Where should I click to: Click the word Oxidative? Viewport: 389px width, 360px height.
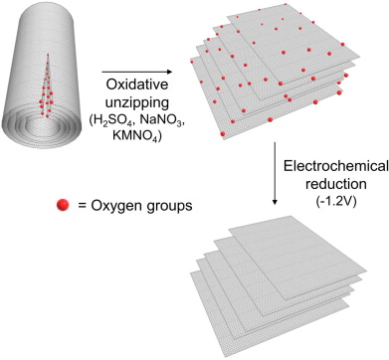click(137, 85)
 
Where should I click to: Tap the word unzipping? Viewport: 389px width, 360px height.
click(137, 103)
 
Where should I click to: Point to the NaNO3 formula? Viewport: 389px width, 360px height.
click(161, 121)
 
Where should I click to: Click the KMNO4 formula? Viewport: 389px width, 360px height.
click(137, 136)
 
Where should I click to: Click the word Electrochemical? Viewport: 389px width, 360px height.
click(335, 166)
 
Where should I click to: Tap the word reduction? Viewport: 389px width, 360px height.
click(335, 184)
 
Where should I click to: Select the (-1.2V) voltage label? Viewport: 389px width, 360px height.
click(335, 201)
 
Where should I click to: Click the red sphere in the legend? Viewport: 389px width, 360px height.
click(63, 205)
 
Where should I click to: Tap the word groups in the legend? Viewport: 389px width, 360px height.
click(169, 206)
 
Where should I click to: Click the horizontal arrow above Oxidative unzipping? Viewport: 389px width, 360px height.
click(137, 72)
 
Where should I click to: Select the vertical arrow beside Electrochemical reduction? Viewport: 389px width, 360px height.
click(275, 174)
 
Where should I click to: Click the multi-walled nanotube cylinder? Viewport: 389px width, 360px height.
click(41, 77)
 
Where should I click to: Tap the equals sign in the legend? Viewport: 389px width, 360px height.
click(82, 206)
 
